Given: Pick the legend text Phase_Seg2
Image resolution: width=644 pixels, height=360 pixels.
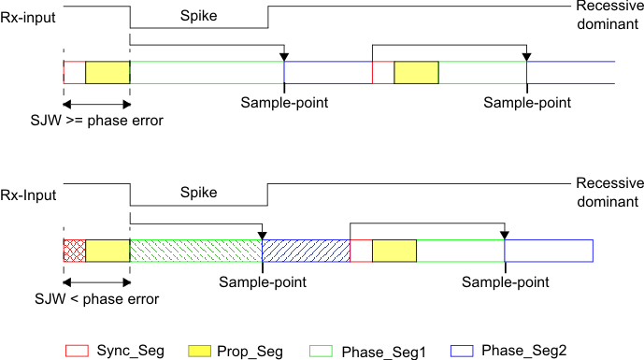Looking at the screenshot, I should (524, 352).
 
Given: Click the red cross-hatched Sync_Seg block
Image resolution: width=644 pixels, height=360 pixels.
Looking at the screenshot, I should (74, 251).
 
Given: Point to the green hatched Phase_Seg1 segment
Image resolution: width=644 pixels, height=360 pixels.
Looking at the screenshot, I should (195, 251).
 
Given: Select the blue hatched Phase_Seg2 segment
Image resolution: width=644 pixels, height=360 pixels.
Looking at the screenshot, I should (306, 251).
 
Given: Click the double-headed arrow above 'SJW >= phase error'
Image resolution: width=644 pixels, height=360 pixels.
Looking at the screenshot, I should (96, 102).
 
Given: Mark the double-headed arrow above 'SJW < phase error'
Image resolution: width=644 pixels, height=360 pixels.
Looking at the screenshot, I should (96, 280).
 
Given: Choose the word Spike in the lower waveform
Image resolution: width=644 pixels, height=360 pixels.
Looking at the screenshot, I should (196, 193).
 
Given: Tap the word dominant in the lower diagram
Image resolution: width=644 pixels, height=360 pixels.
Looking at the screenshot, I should (606, 201).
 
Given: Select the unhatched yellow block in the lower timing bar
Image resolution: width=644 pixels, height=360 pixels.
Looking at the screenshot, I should (394, 251).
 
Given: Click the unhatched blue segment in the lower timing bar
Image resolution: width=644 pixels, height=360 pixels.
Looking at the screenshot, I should (549, 251).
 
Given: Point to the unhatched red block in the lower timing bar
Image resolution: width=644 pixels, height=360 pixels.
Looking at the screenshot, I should (361, 251).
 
